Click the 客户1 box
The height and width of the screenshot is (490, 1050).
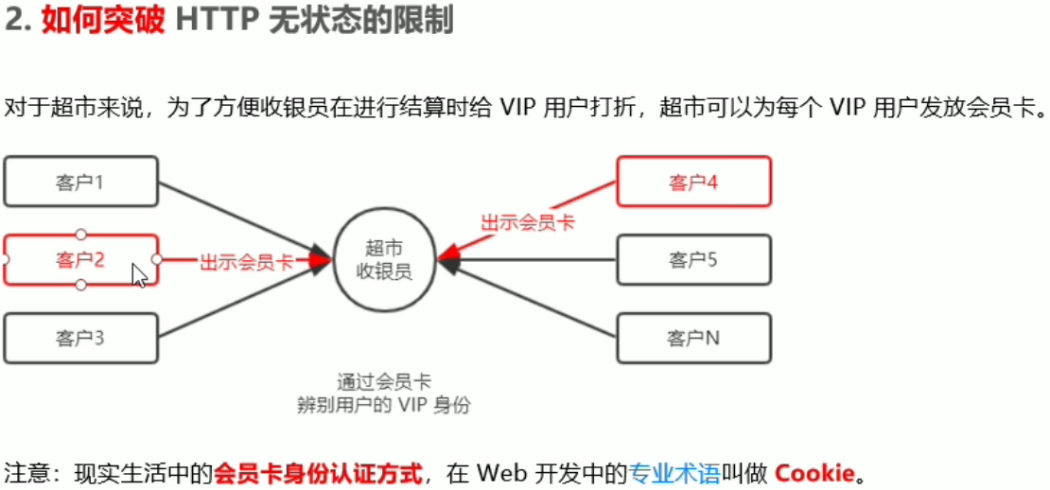[x=80, y=182]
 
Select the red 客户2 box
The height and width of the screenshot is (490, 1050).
[x=80, y=259]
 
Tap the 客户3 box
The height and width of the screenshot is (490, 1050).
[x=80, y=337]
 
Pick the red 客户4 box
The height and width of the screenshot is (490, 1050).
[x=693, y=182]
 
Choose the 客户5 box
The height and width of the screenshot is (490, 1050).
[x=693, y=259]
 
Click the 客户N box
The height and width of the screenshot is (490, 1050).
[x=693, y=337]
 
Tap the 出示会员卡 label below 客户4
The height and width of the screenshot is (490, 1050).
[x=528, y=223]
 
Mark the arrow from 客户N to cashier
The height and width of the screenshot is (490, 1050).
[x=530, y=299]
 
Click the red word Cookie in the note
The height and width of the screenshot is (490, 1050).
[x=814, y=472]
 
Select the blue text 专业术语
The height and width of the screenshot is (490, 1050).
[x=674, y=472]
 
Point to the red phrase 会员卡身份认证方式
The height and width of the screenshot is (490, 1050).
[x=318, y=472]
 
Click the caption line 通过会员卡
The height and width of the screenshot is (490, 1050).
[x=384, y=383]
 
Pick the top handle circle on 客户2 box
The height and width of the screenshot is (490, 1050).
[x=81, y=234]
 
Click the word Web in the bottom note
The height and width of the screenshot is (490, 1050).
[x=499, y=472]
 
